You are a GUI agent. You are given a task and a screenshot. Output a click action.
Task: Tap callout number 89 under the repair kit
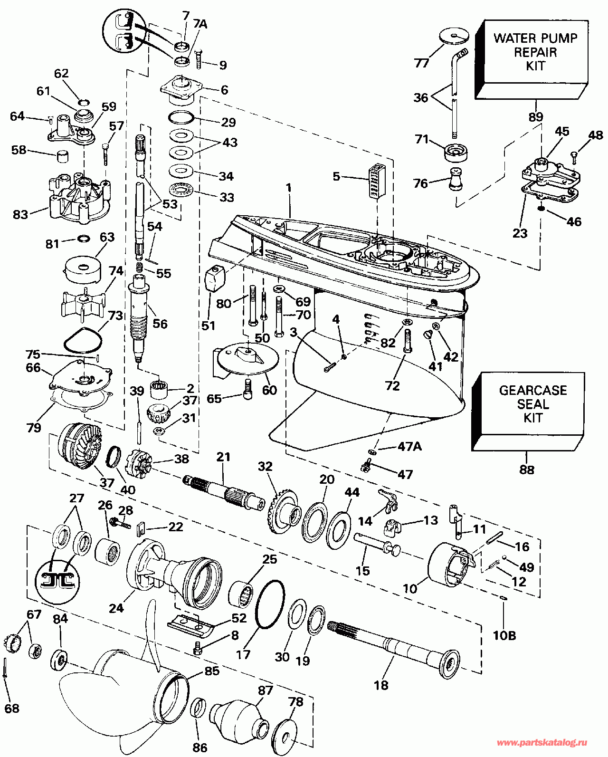point(536,117)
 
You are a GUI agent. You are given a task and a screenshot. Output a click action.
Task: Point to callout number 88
point(527,470)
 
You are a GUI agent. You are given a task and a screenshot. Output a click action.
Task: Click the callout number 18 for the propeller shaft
point(381,685)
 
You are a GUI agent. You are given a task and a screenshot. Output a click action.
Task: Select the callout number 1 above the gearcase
point(288,188)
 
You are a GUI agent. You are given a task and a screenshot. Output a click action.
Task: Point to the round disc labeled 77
point(454,36)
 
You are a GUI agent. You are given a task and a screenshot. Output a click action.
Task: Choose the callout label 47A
point(410,447)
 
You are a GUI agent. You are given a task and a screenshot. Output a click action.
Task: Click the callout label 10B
point(504,635)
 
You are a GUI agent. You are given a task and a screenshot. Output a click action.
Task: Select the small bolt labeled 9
point(199,58)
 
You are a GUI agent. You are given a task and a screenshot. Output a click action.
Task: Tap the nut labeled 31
point(159,431)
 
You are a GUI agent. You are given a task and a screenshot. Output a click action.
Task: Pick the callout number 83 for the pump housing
point(20,215)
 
